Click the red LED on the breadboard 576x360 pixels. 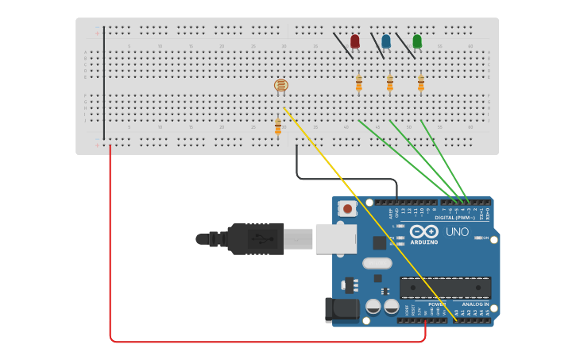pos(355,41)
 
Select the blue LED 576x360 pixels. pos(386,41)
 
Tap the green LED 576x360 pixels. pos(417,41)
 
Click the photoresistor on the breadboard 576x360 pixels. pos(280,85)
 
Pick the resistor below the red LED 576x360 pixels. pos(358,83)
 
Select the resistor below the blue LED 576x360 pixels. pos(389,83)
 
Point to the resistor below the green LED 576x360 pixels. pos(421,83)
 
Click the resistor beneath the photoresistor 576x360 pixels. pos(278,126)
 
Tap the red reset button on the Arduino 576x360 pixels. pos(346,208)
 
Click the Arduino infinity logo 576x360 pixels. pos(424,231)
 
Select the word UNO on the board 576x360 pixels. pos(457,232)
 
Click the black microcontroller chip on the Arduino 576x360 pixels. pos(445,288)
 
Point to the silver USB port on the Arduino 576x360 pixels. pos(335,238)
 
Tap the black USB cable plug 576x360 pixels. pos(254,238)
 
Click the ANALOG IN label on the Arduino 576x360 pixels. pos(475,304)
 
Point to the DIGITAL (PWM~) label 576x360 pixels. pos(454,217)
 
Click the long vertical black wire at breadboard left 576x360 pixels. pos(103,83)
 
